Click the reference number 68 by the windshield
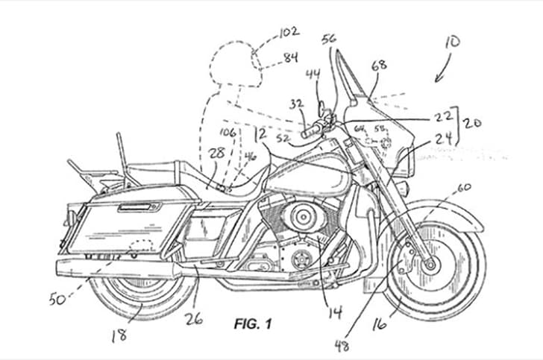pyautogui.click(x=379, y=66)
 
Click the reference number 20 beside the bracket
pyautogui.click(x=472, y=122)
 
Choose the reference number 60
pyautogui.click(x=464, y=188)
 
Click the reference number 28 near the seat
pyautogui.click(x=217, y=152)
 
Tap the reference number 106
pyautogui.click(x=227, y=133)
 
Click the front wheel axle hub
pyautogui.click(x=430, y=262)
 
